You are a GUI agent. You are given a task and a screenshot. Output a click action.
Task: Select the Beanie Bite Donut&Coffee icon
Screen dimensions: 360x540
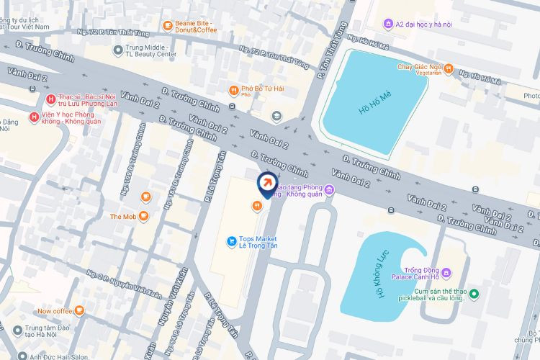point(167,27)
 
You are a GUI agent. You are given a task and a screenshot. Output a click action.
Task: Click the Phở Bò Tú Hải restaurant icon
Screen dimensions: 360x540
point(233,90)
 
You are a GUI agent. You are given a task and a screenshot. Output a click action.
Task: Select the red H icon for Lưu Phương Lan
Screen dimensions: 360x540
point(50,99)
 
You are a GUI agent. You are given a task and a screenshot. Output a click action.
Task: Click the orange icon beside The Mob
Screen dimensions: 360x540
point(144,215)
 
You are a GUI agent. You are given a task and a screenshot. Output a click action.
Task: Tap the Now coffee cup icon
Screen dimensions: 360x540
point(79,311)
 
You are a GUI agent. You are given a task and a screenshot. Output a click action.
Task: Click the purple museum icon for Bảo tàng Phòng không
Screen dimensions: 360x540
point(329,190)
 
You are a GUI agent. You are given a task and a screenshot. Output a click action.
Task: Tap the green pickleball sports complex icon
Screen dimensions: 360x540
point(455,293)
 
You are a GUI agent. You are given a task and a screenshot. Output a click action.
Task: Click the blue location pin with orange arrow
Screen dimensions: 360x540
point(266,183)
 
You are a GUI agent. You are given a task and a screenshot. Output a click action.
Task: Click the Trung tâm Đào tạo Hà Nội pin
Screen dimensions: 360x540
point(18,330)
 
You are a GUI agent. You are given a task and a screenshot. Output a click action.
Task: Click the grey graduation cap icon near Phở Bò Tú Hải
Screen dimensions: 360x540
point(276,116)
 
